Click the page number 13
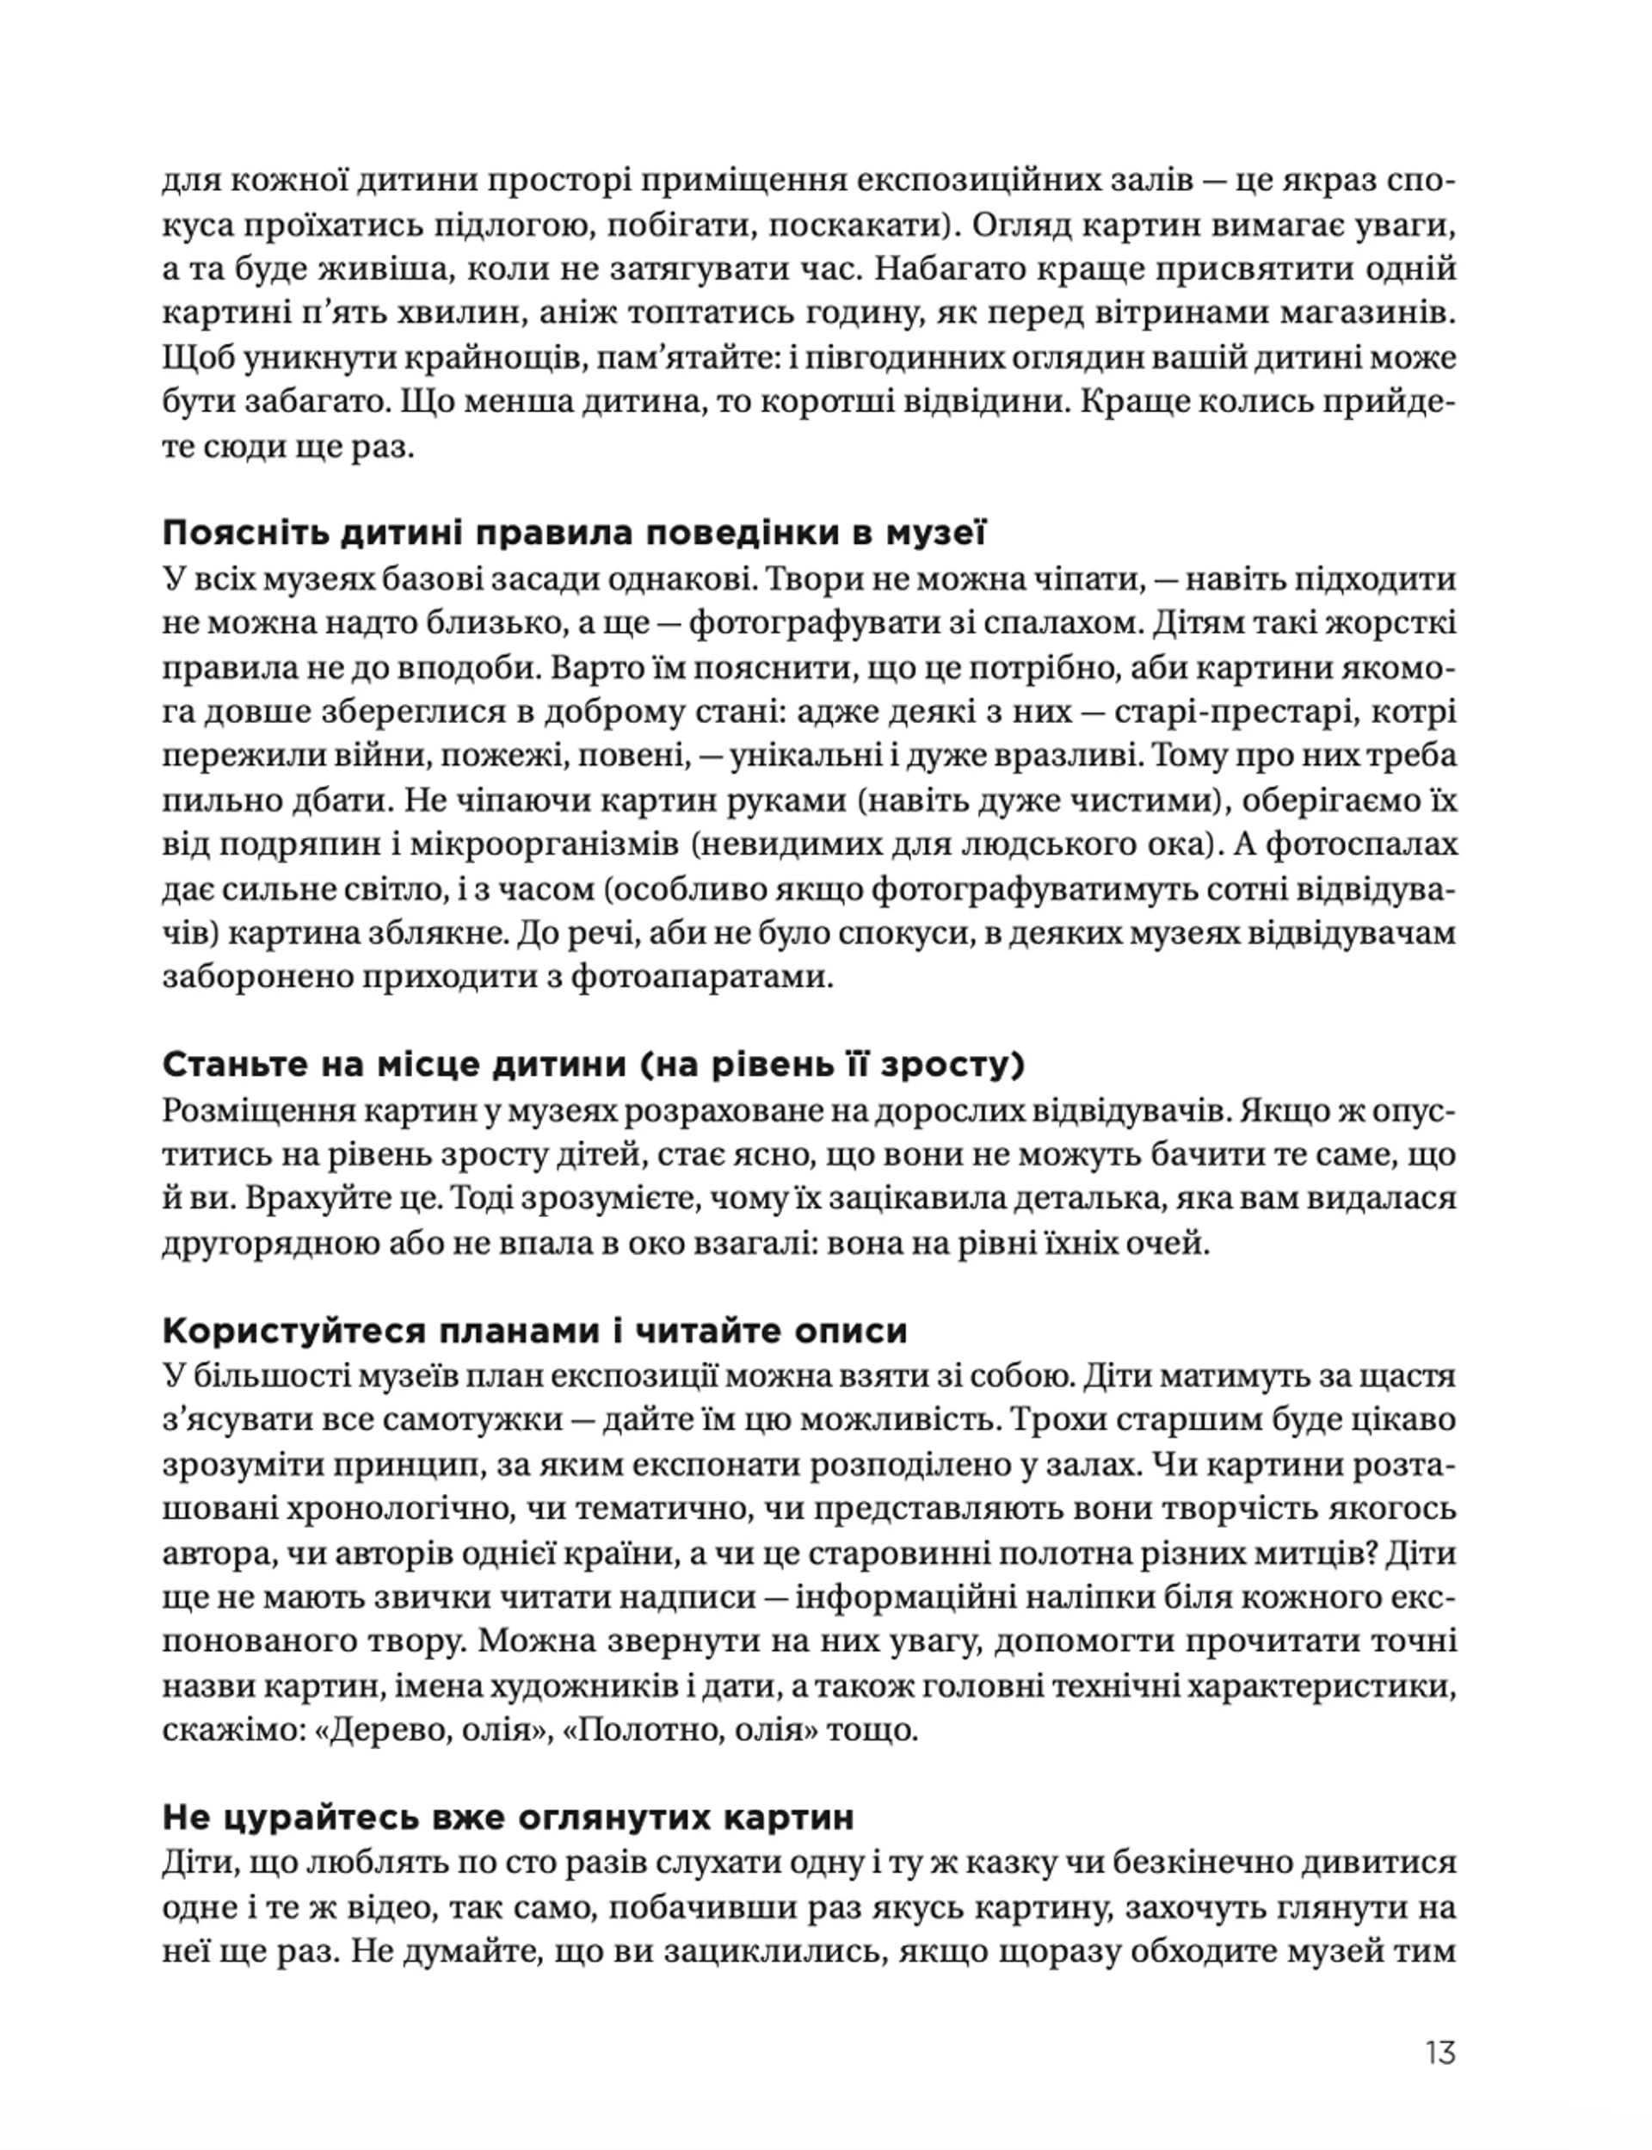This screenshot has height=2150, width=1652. tap(1439, 2053)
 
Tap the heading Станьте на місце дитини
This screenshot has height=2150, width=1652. tap(594, 1066)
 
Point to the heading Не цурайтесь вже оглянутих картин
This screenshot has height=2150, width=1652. tap(508, 1817)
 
